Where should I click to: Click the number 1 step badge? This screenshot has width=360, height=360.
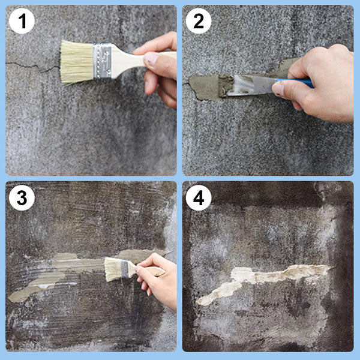click(22, 22)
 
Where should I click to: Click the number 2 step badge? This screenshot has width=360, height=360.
click(198, 22)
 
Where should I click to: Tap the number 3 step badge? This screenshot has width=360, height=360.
click(22, 198)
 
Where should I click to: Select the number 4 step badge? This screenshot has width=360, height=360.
click(198, 198)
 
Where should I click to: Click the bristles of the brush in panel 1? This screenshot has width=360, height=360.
click(76, 62)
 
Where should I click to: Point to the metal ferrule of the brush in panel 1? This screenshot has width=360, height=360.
click(103, 61)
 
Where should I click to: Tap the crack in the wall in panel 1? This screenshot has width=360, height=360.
click(30, 64)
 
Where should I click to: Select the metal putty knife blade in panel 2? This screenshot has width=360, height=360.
click(249, 85)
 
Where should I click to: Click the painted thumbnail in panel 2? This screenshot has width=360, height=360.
click(278, 89)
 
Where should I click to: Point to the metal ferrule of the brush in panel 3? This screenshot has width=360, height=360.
click(125, 269)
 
